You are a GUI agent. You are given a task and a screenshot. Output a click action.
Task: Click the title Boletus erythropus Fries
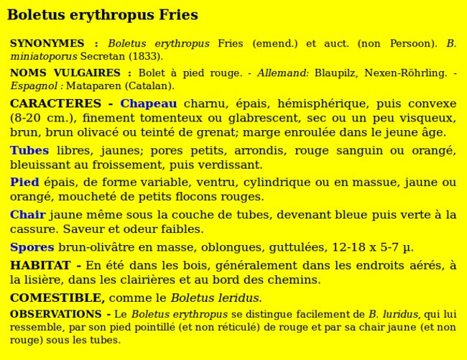click(x=102, y=15)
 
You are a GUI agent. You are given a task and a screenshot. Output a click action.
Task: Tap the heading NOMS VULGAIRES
click(x=65, y=73)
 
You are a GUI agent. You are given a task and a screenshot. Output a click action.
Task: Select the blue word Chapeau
click(x=148, y=104)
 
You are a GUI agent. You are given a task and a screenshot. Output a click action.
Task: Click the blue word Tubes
click(x=29, y=151)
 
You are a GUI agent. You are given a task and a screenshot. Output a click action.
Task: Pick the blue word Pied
click(x=24, y=183)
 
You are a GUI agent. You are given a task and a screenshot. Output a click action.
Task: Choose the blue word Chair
click(x=27, y=215)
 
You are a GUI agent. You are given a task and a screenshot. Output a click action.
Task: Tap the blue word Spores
click(x=32, y=248)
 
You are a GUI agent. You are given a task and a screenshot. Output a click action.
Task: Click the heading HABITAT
click(x=40, y=266)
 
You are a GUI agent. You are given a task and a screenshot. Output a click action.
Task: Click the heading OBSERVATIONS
click(x=55, y=315)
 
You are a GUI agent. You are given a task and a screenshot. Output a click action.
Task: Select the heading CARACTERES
click(x=55, y=104)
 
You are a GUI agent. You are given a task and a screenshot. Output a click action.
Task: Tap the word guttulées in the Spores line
click(x=295, y=248)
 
